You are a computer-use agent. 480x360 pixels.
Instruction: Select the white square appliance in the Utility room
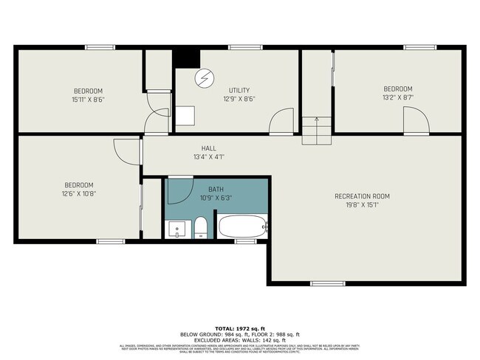tap(185, 118)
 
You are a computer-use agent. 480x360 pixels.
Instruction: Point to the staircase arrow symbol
tap(316, 120)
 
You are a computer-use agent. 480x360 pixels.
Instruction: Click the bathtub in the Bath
tap(241, 226)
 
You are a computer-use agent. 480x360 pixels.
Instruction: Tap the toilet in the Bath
tap(200, 228)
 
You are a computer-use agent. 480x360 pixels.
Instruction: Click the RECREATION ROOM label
tap(362, 196)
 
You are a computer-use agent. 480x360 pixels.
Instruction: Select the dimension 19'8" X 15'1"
tap(362, 206)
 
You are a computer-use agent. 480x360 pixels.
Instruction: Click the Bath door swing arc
tap(181, 190)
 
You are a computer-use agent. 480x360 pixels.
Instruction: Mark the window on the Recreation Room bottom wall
tap(327, 283)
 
